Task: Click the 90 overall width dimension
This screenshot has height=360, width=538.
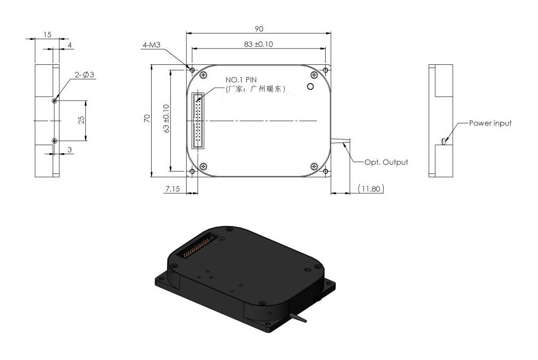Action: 259,29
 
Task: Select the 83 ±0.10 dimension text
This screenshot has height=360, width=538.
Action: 259,44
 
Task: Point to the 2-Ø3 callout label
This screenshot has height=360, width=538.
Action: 85,75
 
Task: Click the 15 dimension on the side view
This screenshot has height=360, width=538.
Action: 47,35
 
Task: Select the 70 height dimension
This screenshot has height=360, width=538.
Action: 147,120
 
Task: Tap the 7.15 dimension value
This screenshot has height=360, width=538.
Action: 172,189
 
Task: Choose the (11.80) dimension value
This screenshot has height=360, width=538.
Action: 370,189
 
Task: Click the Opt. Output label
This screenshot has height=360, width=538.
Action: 386,162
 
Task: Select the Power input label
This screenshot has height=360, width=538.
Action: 490,123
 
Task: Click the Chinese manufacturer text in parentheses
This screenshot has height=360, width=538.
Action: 255,89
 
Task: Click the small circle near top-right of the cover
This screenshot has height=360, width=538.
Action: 311,86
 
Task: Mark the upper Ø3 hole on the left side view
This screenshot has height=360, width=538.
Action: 54,101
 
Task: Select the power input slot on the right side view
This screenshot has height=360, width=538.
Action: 443,141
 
